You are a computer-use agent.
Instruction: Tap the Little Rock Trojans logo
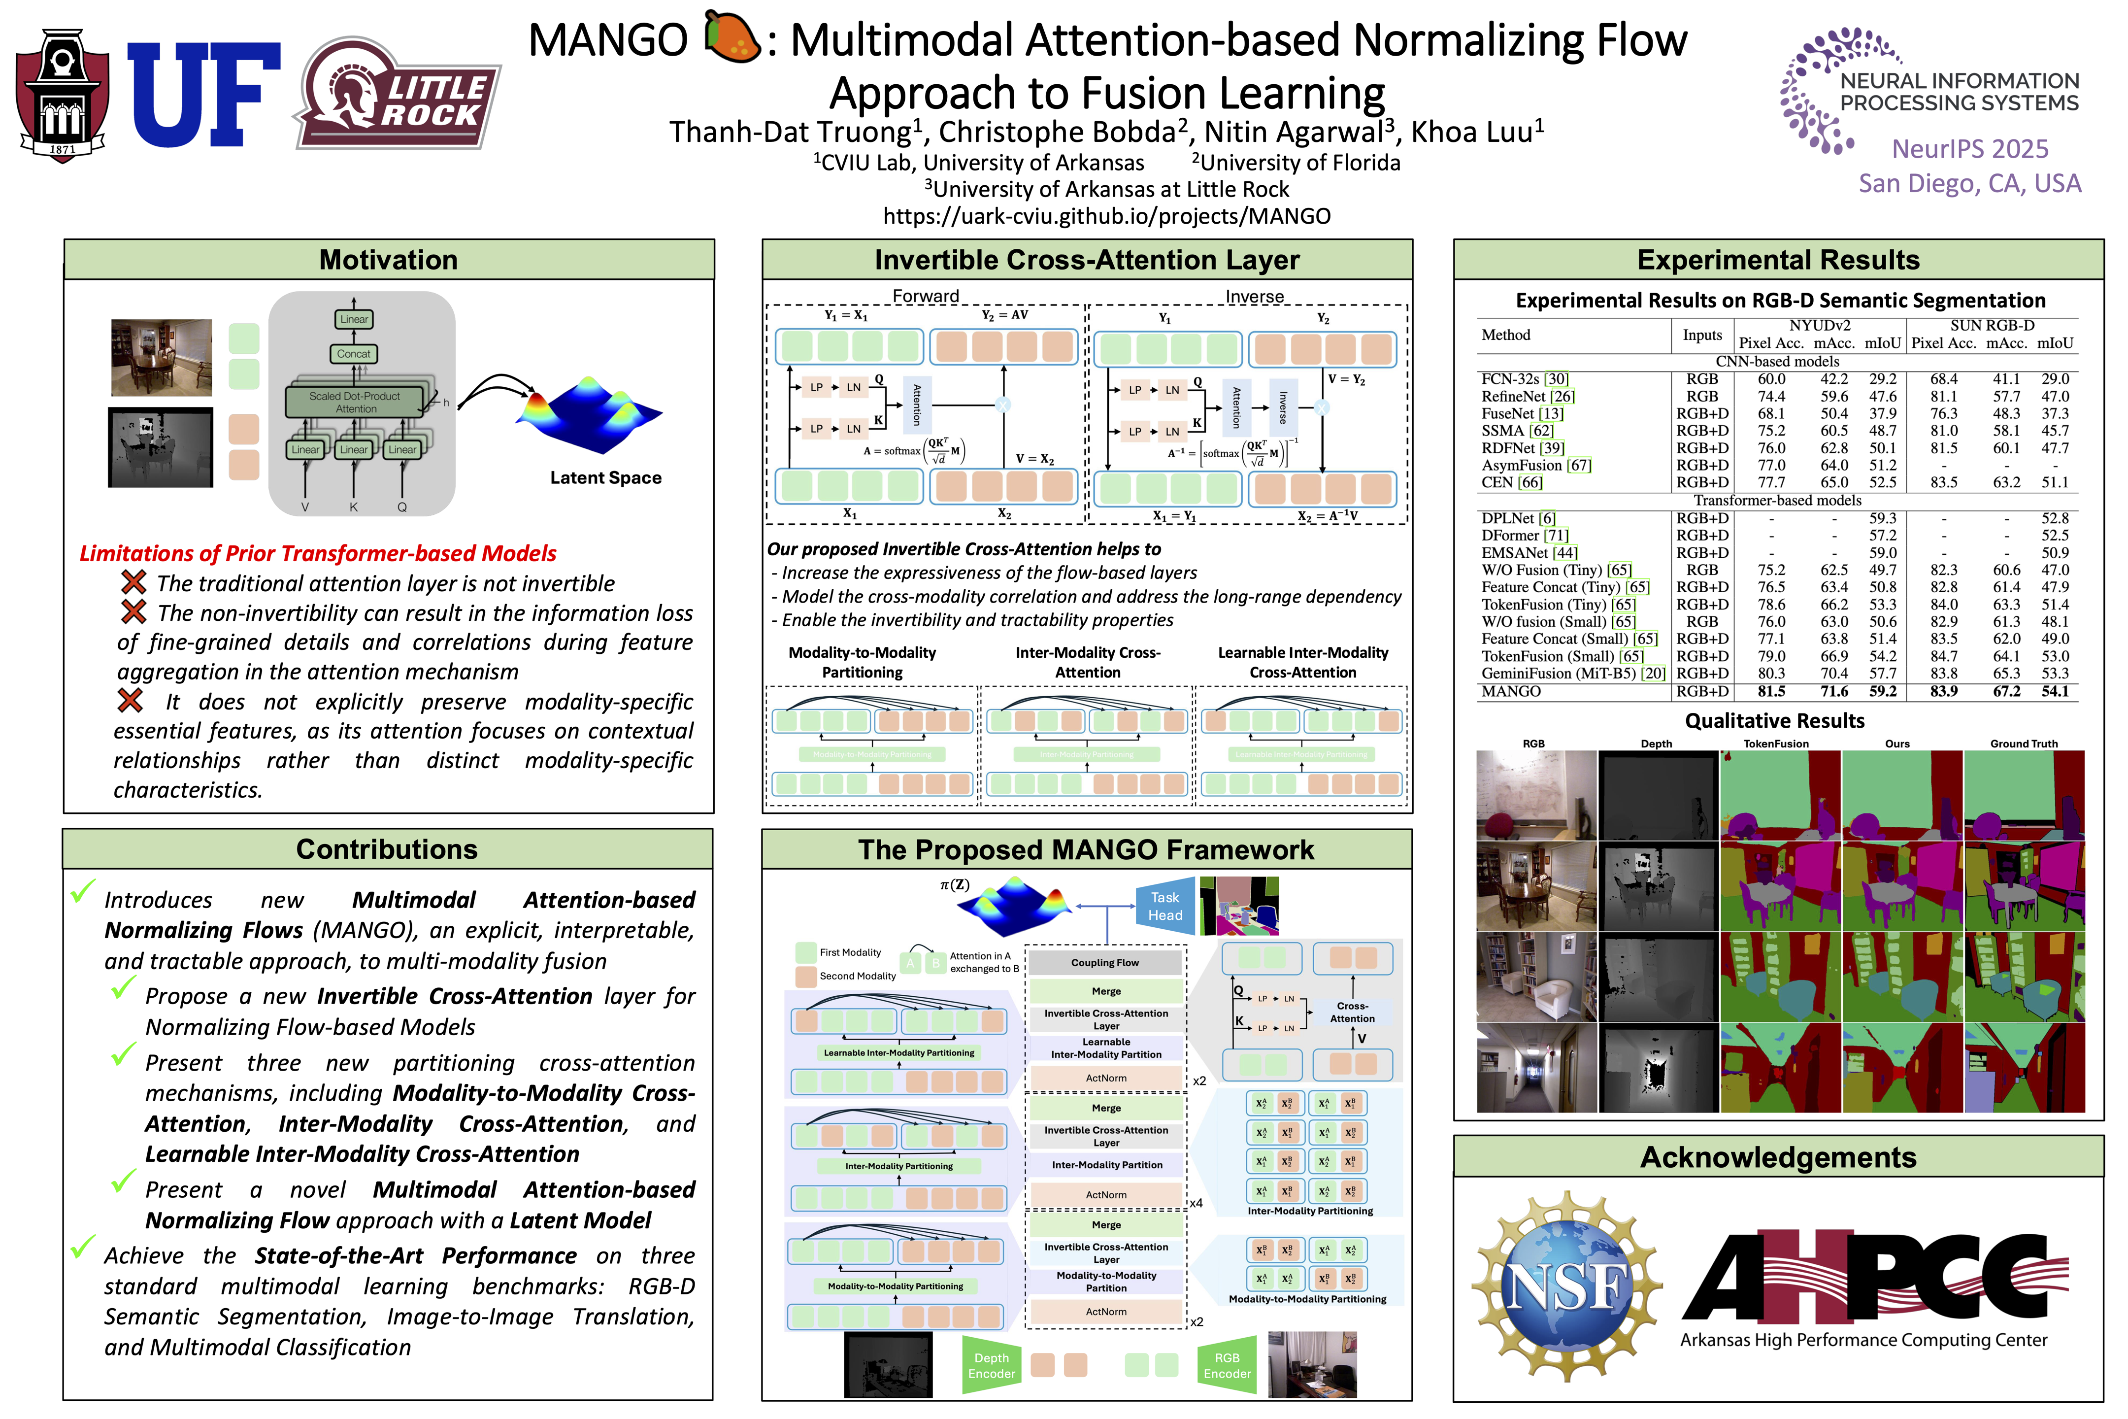click(x=398, y=94)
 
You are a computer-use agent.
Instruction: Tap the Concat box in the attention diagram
click(x=354, y=354)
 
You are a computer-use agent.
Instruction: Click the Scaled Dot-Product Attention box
click(x=355, y=402)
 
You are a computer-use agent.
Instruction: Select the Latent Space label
click(x=605, y=478)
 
